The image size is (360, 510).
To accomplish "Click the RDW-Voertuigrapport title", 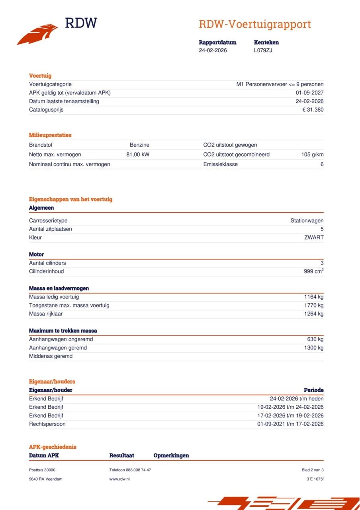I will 254,24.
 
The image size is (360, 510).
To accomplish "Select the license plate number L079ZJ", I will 263,50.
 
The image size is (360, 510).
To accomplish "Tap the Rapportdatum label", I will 217,42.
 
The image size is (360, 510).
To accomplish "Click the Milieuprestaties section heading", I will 50,135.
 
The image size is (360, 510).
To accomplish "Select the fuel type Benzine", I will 139,145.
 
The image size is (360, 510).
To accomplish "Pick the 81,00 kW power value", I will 138,155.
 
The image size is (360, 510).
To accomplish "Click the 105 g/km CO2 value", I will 312,155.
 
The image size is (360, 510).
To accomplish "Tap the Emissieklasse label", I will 220,164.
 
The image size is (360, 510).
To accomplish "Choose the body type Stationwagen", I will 307,221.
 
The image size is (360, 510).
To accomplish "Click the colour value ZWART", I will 314,237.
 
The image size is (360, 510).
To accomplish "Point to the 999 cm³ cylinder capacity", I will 313,271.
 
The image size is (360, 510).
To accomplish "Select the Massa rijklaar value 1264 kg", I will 314,314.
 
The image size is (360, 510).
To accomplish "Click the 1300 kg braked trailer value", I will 314,348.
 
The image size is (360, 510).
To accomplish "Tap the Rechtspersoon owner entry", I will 47,424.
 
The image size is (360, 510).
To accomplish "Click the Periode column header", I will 313,390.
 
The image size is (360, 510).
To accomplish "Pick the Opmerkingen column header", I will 171,455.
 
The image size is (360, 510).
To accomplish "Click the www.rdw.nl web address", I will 119,479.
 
